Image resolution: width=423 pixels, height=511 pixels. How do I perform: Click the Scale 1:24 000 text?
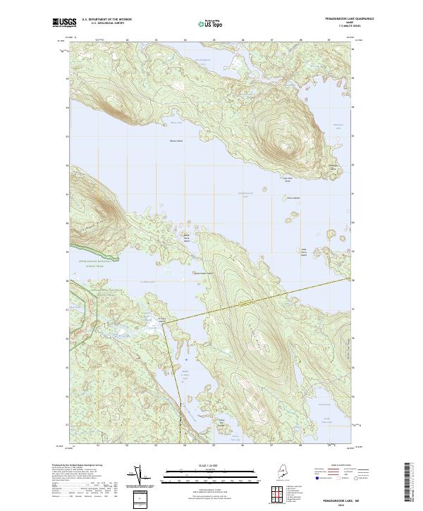point(212,464)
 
